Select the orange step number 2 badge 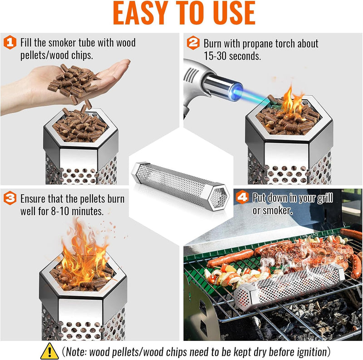193,44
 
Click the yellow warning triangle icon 49,351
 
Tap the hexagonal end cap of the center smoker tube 218,196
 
